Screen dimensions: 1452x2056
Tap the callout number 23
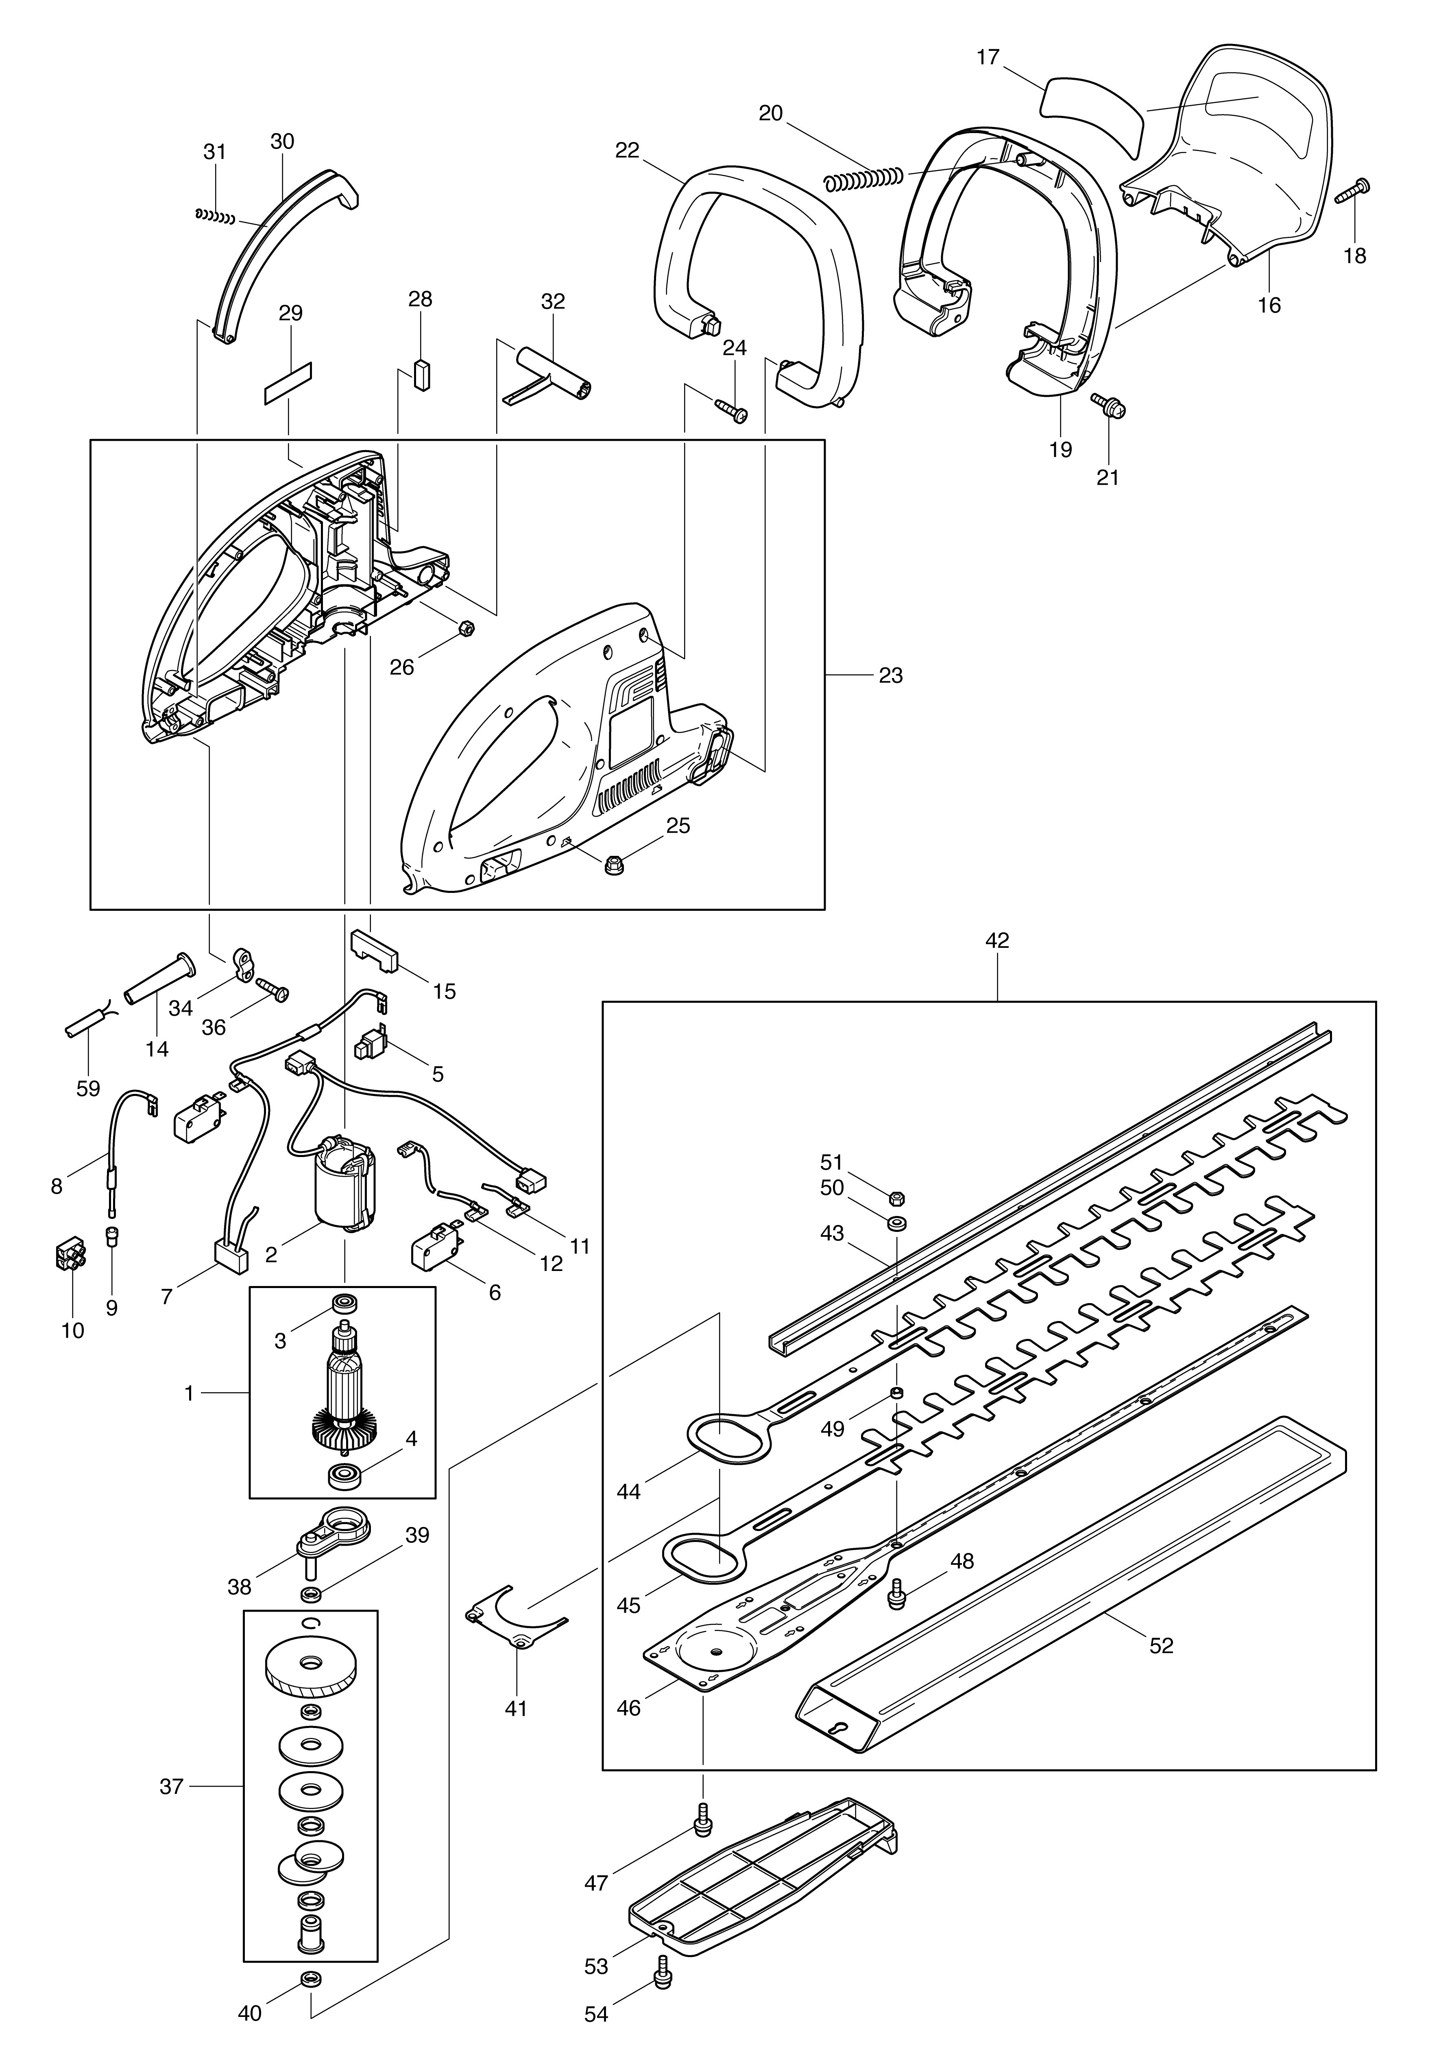click(891, 675)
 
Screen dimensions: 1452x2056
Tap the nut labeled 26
click(464, 629)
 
